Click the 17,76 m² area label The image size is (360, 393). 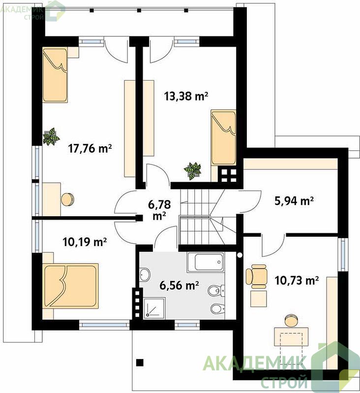coord(90,148)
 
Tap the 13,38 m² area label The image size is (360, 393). coord(186,96)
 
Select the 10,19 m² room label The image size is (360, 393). coord(85,242)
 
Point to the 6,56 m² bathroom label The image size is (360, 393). coord(180,285)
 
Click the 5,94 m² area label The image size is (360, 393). coord(294,201)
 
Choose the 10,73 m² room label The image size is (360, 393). coord(297,281)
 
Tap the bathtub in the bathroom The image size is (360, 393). coord(206,262)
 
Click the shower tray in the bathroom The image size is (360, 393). coord(154,308)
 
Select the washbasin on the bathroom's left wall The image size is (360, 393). coord(145,275)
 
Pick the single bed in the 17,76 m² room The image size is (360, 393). coord(55,75)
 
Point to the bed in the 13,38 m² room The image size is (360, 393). coord(224,138)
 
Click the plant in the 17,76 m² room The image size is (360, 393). coord(51,137)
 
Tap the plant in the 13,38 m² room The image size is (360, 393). coord(193,170)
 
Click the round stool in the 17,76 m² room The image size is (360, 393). coord(68,199)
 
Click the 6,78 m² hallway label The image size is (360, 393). coord(159,210)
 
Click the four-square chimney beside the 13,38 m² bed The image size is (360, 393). coord(229,175)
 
